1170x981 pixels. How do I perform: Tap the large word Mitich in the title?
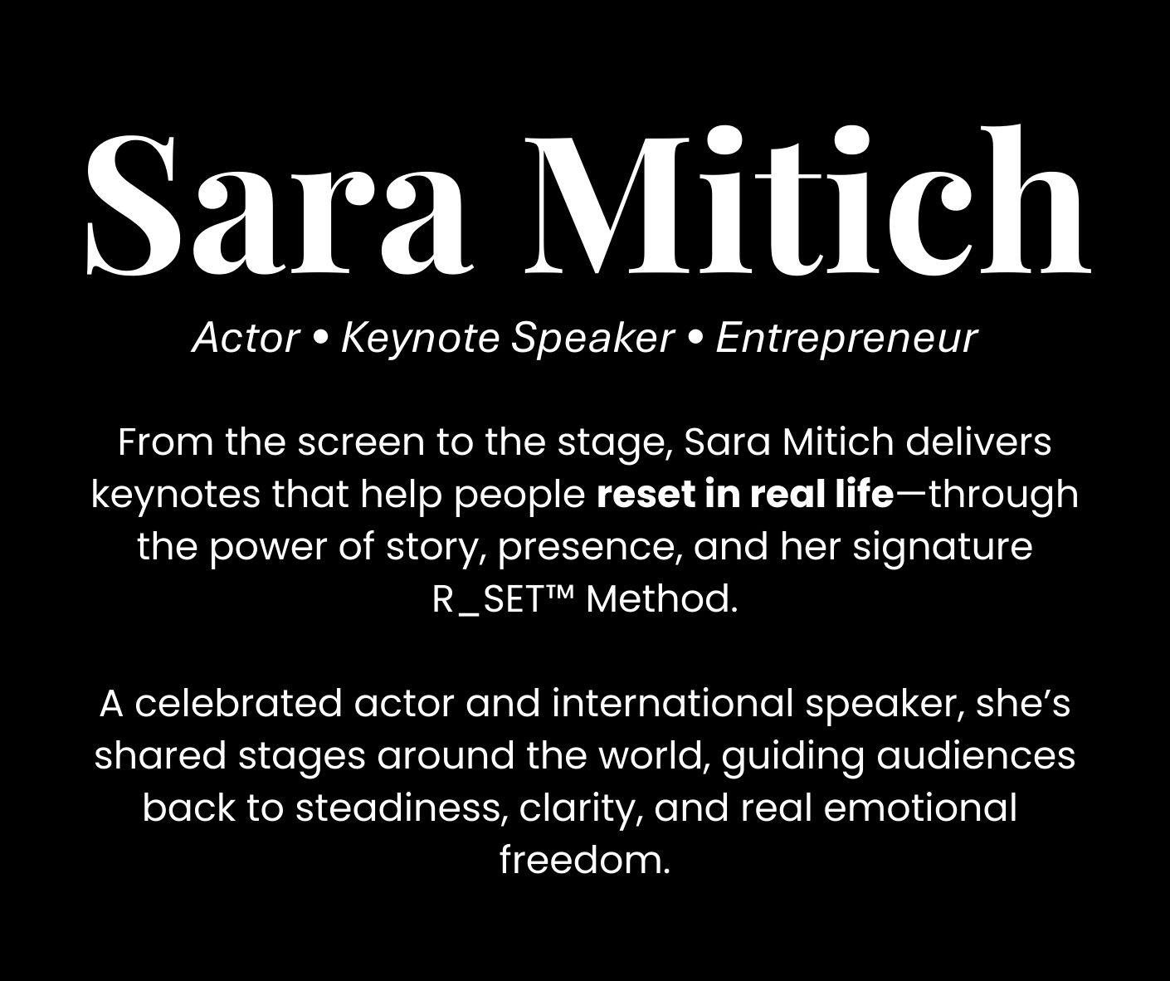(x=808, y=199)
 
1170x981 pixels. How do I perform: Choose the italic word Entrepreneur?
(x=846, y=339)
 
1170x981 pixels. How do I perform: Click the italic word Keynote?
(x=420, y=339)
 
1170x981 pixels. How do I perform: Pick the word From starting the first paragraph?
(x=166, y=443)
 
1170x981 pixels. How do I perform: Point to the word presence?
(x=590, y=549)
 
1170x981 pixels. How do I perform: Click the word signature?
(x=943, y=548)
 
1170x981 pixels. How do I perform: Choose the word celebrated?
(x=237, y=704)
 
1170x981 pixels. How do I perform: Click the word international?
(x=672, y=704)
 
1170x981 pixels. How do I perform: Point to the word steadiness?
(x=397, y=808)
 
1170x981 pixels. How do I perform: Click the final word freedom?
(x=585, y=861)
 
